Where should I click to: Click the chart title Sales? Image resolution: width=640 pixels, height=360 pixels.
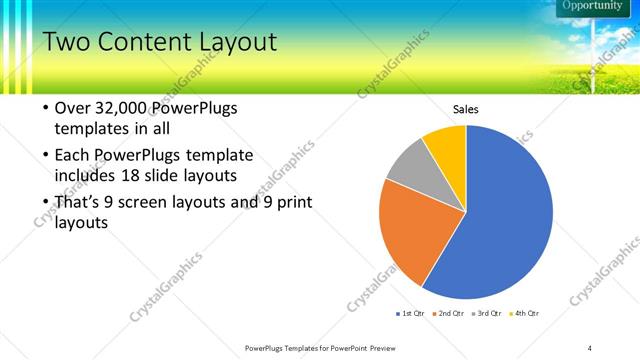coord(467,109)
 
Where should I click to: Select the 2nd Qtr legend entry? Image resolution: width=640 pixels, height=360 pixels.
coord(449,314)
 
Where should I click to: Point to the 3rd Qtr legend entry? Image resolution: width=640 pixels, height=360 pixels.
coord(487,314)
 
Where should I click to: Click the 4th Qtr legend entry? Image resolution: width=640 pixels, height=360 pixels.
coord(525,314)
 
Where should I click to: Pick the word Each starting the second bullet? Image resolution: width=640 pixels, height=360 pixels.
coord(72,155)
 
